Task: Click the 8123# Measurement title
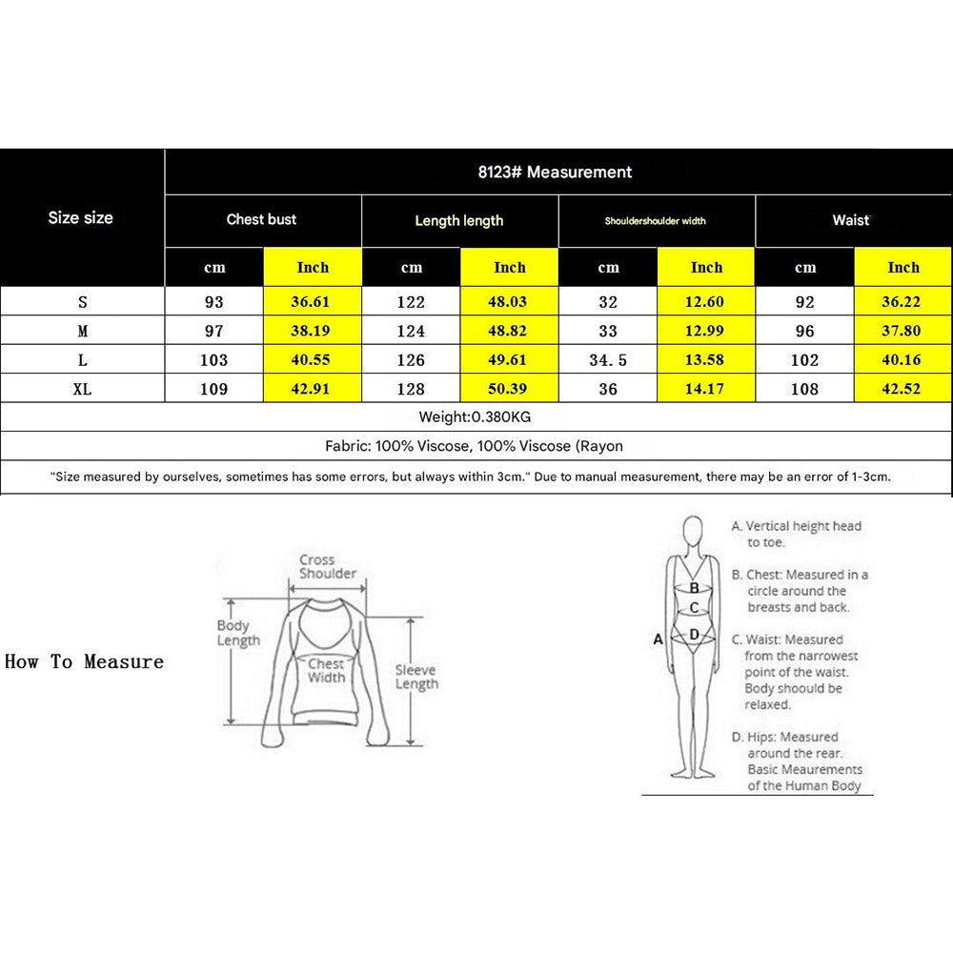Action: pos(555,172)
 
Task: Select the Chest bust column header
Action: pos(261,219)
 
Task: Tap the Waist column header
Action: pos(851,220)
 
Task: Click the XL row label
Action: pos(82,389)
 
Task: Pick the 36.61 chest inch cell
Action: pos(313,302)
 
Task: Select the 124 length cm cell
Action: pos(411,332)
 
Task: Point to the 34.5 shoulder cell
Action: pos(608,360)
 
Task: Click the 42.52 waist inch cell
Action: pos(902,389)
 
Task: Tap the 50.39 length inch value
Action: pos(509,389)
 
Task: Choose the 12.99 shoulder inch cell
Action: pos(706,332)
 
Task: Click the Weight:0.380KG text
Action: pos(476,416)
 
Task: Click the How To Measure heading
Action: pos(84,661)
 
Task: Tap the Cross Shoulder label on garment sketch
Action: pos(328,567)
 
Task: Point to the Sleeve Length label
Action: pos(416,677)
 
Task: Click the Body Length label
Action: pos(237,633)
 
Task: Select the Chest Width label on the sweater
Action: pos(326,670)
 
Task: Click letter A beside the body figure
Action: pos(658,639)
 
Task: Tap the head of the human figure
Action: pos(694,530)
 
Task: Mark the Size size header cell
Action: pos(81,218)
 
